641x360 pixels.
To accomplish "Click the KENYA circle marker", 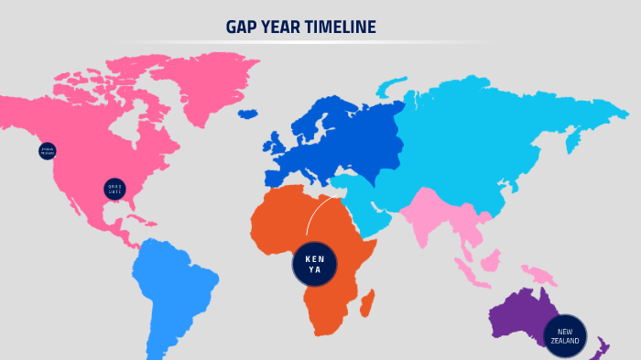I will click(x=315, y=264).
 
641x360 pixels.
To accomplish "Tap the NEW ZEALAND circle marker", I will click(x=565, y=336).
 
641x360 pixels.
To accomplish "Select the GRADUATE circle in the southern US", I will click(x=114, y=190).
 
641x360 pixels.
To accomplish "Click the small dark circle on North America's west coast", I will click(x=48, y=151).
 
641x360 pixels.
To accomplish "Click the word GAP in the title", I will click(x=243, y=27).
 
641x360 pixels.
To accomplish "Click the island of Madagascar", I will click(x=367, y=302).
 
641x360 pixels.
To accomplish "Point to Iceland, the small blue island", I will click(x=247, y=115).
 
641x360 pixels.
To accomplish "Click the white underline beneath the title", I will click(x=302, y=42).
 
